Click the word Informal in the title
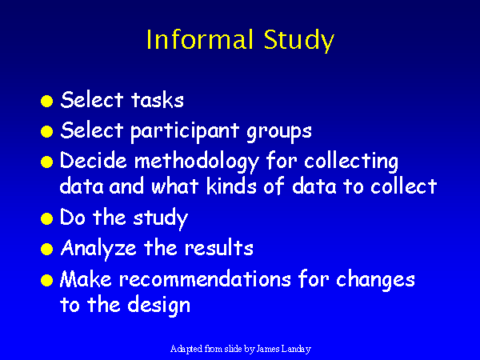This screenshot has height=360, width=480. coord(200,39)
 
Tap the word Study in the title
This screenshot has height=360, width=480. coord(298,41)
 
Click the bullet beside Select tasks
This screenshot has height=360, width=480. coord(47,101)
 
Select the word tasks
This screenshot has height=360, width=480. coord(158,100)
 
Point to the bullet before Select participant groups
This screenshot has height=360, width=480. coord(47,132)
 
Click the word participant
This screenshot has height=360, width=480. coord(185,132)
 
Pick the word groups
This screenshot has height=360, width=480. coord(279,133)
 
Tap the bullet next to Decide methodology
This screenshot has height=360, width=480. coord(47,162)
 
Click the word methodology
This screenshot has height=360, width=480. coord(197,162)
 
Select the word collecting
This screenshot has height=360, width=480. coord(351,162)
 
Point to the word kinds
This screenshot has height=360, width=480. coord(231,186)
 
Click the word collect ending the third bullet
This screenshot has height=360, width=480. coord(403,186)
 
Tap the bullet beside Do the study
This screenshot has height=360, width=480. coord(47,219)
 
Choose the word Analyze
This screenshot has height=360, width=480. coord(98,249)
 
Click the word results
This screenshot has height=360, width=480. coord(219,247)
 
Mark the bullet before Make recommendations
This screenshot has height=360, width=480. coord(47,280)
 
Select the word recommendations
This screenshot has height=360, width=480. coord(205,278)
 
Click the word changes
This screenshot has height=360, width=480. coord(375,281)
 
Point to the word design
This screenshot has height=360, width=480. coord(158,305)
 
